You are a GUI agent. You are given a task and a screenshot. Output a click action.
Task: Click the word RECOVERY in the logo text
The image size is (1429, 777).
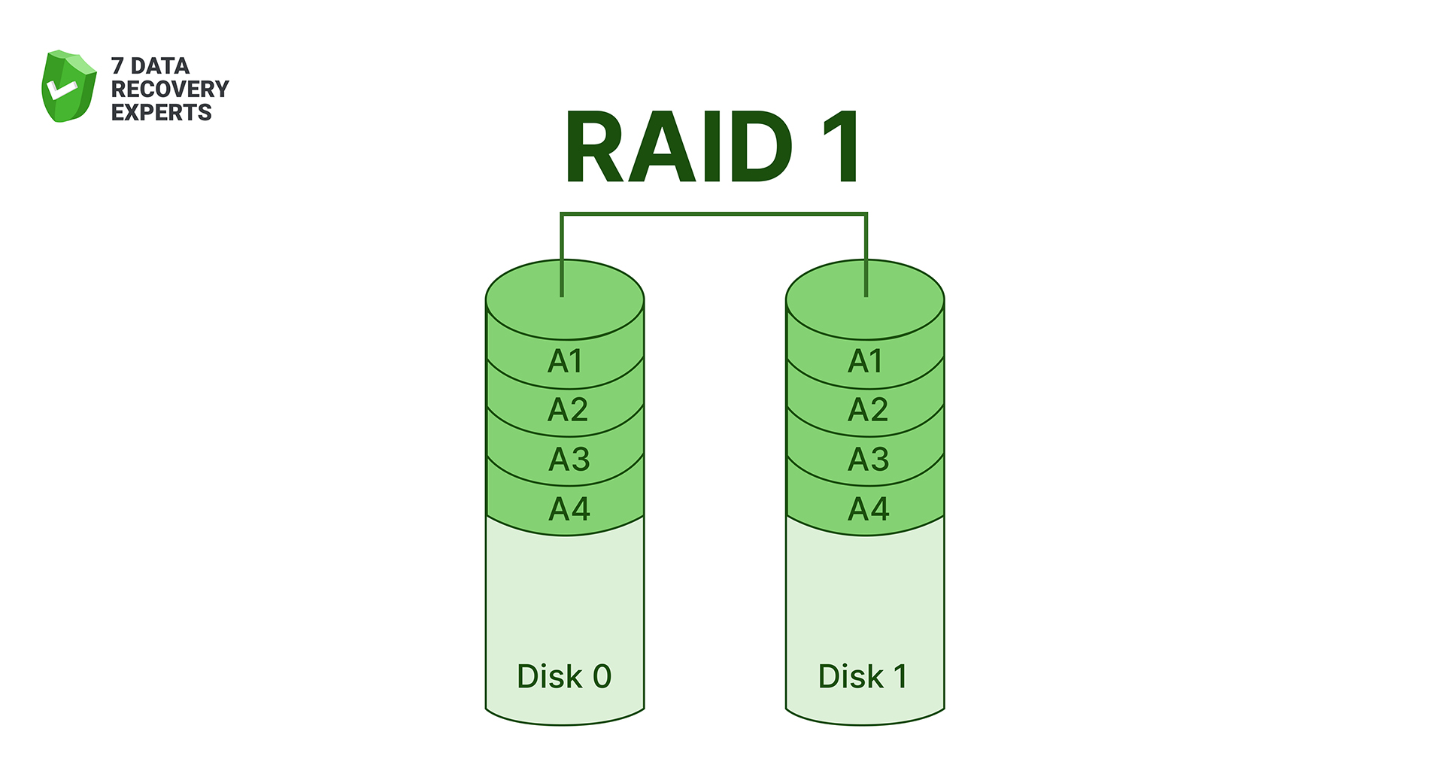pyautogui.click(x=170, y=89)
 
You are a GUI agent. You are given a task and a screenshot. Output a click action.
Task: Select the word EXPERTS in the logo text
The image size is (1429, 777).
pyautogui.click(x=162, y=113)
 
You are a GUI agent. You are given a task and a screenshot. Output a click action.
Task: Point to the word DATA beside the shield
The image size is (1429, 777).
pyautogui.click(x=160, y=66)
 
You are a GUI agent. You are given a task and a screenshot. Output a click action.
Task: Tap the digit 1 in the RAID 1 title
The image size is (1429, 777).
pyautogui.click(x=840, y=147)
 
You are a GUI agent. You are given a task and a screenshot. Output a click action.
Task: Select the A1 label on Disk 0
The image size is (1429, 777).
pyautogui.click(x=565, y=362)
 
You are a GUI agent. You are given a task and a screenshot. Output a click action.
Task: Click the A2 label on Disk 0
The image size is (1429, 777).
pyautogui.click(x=567, y=410)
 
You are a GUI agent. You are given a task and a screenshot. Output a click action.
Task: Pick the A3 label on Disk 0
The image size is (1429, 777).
pyautogui.click(x=569, y=460)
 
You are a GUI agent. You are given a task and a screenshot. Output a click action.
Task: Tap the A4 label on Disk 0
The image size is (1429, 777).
pyautogui.click(x=569, y=509)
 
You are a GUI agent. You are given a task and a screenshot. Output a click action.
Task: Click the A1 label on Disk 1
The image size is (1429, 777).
pyautogui.click(x=865, y=362)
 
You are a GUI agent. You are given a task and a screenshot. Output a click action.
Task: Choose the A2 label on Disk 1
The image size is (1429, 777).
pyautogui.click(x=867, y=410)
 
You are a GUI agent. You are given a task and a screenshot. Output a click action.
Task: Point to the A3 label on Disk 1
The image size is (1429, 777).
pyautogui.click(x=868, y=460)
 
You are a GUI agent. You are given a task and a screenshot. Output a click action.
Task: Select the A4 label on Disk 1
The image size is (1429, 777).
pyautogui.click(x=868, y=509)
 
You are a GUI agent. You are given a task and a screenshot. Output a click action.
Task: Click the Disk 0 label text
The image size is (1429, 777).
pyautogui.click(x=564, y=676)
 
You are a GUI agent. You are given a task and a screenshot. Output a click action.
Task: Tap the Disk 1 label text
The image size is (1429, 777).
pyautogui.click(x=863, y=676)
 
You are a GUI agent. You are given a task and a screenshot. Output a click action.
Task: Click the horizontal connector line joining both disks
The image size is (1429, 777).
pyautogui.click(x=714, y=214)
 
